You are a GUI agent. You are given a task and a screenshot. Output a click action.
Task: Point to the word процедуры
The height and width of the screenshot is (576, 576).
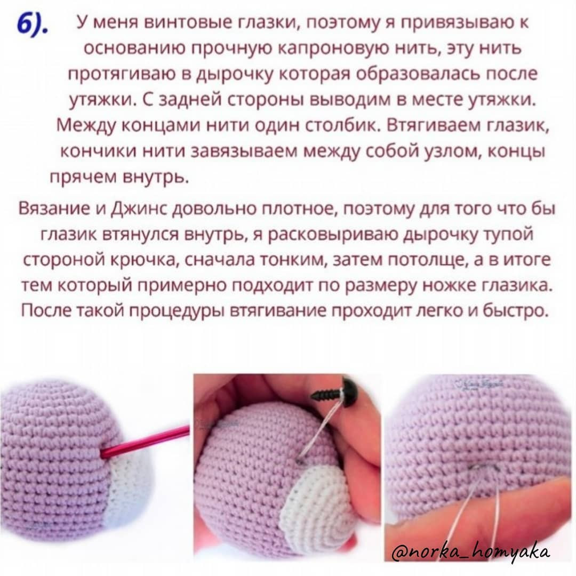point(185,310)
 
